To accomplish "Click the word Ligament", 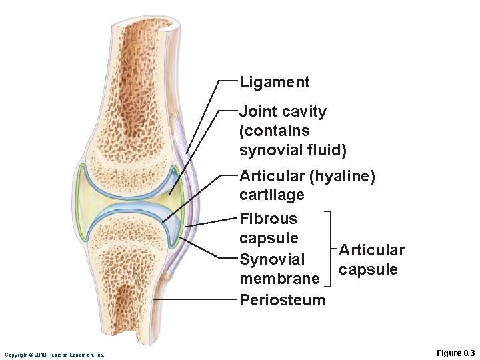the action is pos(274,83).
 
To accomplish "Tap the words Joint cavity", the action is pos(283,111).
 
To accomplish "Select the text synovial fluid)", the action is pos(293,151).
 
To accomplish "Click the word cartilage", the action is pos(271,195).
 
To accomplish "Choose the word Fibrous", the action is pos(268,219).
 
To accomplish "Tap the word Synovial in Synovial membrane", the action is pos(271,259).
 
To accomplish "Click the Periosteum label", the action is pos(282,299).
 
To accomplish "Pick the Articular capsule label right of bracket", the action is pos(371,259).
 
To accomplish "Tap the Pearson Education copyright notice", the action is pos(54,355).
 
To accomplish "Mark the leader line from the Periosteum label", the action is pos(197,299).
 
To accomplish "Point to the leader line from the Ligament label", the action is pos(203,113).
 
